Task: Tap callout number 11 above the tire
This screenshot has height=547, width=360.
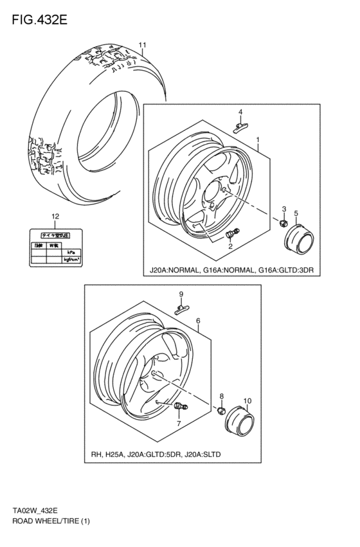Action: pos(143,45)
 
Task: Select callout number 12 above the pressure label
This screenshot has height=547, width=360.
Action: pos(55,216)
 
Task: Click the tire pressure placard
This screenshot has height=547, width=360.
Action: pos(56,247)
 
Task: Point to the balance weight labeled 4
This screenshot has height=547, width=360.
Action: pos(240,126)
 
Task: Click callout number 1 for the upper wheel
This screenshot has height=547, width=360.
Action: pos(258,139)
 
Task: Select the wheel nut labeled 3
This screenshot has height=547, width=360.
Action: pos(282,223)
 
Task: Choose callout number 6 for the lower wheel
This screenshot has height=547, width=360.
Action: pos(198,321)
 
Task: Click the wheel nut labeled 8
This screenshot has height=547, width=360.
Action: pos(222,411)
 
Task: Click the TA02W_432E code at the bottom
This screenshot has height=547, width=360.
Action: pos(35,511)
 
